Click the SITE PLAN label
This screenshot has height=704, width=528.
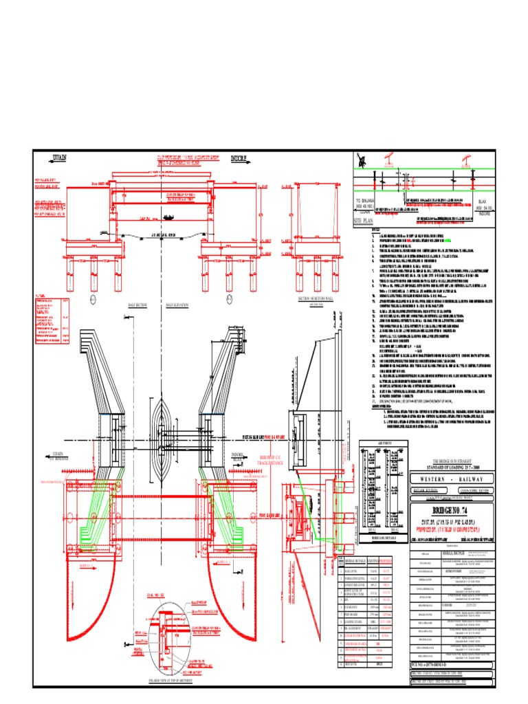coord(366,222)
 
